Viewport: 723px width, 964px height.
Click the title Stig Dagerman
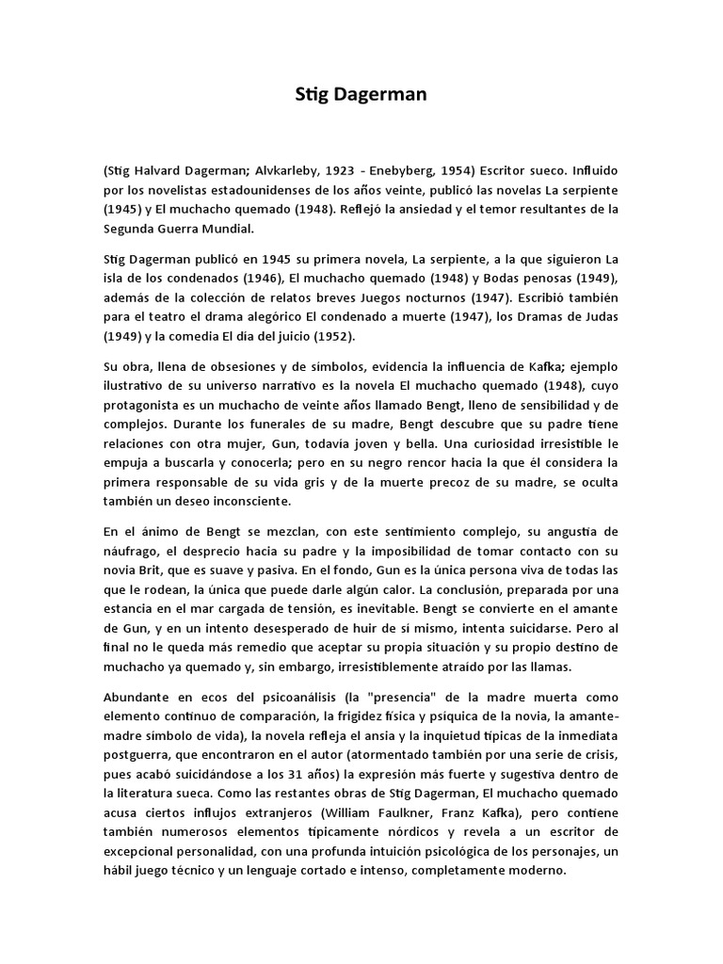click(361, 94)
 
